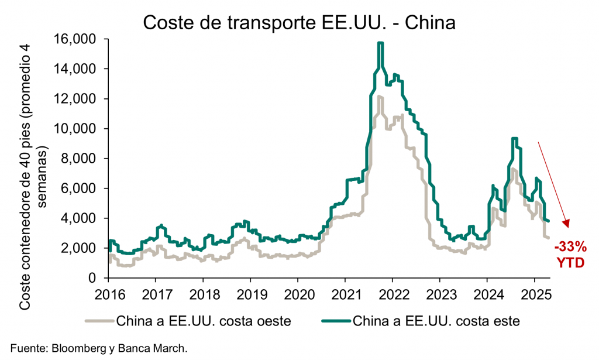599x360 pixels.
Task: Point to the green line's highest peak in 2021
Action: (380, 43)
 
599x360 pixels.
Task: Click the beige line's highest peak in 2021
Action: (380, 97)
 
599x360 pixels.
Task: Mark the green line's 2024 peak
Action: (514, 139)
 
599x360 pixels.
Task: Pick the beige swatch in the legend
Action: (100, 321)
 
